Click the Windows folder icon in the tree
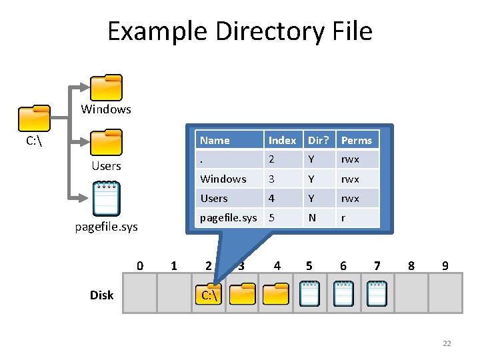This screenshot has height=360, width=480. (106, 87)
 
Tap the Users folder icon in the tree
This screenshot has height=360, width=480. (106, 143)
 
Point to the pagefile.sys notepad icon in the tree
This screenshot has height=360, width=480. (106, 194)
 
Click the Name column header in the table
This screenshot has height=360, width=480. (215, 140)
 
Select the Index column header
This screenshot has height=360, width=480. (282, 140)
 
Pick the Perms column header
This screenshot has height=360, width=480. (357, 140)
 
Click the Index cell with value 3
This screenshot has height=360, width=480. (272, 179)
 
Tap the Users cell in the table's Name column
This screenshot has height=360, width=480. (214, 198)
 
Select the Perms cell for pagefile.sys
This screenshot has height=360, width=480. (343, 217)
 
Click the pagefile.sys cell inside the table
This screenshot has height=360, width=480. (229, 217)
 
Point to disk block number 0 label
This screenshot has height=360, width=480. (140, 266)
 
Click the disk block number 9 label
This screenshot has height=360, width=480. (445, 266)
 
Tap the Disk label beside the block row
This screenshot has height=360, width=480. (102, 295)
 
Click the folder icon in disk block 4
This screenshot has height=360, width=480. (276, 294)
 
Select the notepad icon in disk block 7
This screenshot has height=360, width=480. (377, 293)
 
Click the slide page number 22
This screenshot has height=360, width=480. (447, 343)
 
